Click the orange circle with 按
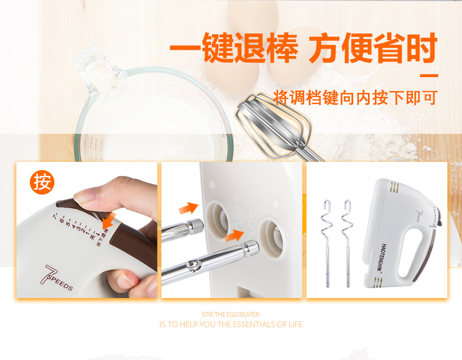[42, 182]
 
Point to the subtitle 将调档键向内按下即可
[355, 97]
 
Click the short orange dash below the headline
[430, 75]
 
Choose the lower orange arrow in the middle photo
[235, 236]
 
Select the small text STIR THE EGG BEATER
[230, 314]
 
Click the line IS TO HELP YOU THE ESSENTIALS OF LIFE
[230, 324]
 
